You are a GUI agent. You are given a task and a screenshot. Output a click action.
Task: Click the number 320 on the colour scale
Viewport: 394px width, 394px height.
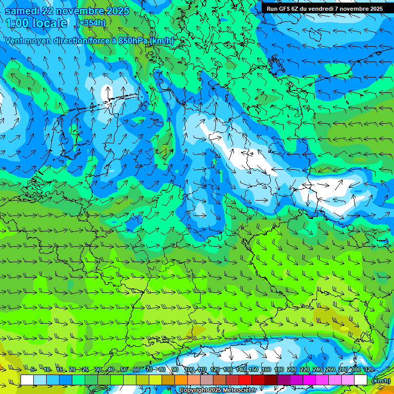pos(368,370)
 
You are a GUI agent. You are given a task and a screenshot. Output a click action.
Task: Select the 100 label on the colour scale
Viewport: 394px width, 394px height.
pos(189,370)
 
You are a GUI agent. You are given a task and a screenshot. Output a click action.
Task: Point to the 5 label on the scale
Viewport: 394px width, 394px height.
pos(32,370)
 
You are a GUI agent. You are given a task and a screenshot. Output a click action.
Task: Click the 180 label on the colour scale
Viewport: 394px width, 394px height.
pos(279,370)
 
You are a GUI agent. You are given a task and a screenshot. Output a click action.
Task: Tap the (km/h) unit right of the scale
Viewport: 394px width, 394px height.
pos(381,381)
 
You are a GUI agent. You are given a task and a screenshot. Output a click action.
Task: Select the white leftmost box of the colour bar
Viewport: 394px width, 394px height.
pos(27,380)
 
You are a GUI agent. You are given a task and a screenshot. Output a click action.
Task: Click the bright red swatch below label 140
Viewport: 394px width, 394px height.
pos(245,380)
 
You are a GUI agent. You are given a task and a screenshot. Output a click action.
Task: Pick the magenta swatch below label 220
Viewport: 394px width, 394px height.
pos(309,380)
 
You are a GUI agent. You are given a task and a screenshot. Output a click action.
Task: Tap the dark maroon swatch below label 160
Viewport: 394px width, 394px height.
pos(270,380)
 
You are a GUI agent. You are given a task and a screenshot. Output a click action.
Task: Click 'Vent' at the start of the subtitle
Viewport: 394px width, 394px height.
pos(15,41)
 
